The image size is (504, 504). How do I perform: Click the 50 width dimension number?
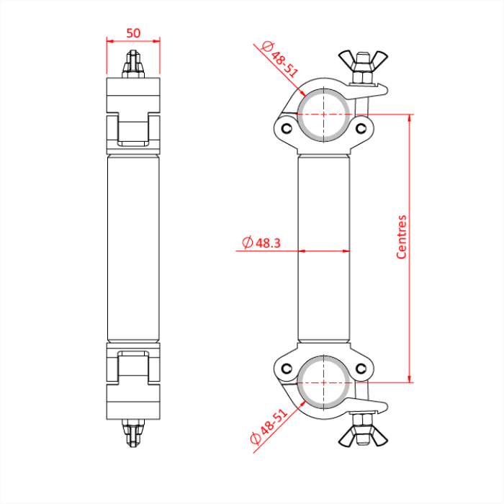click(133, 32)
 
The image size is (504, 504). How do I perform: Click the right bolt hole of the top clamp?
click(361, 129)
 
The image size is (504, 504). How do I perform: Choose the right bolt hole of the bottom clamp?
click(361, 369)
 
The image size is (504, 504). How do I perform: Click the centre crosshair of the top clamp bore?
click(324, 114)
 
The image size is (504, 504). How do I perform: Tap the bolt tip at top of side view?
click(133, 56)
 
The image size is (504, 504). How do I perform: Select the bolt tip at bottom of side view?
click(133, 441)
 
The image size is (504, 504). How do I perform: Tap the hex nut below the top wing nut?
click(360, 76)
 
